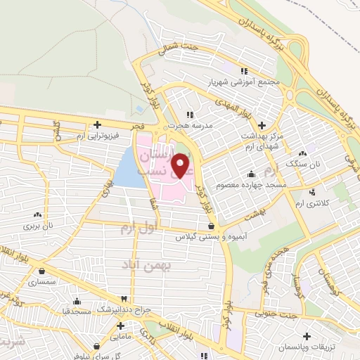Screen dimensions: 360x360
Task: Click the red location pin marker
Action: tap(181, 167)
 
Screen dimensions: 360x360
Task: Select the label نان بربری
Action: tap(40, 226)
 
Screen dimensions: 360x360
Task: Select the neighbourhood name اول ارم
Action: tap(136, 228)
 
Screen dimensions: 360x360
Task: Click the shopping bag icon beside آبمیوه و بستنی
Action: tap(212, 225)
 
